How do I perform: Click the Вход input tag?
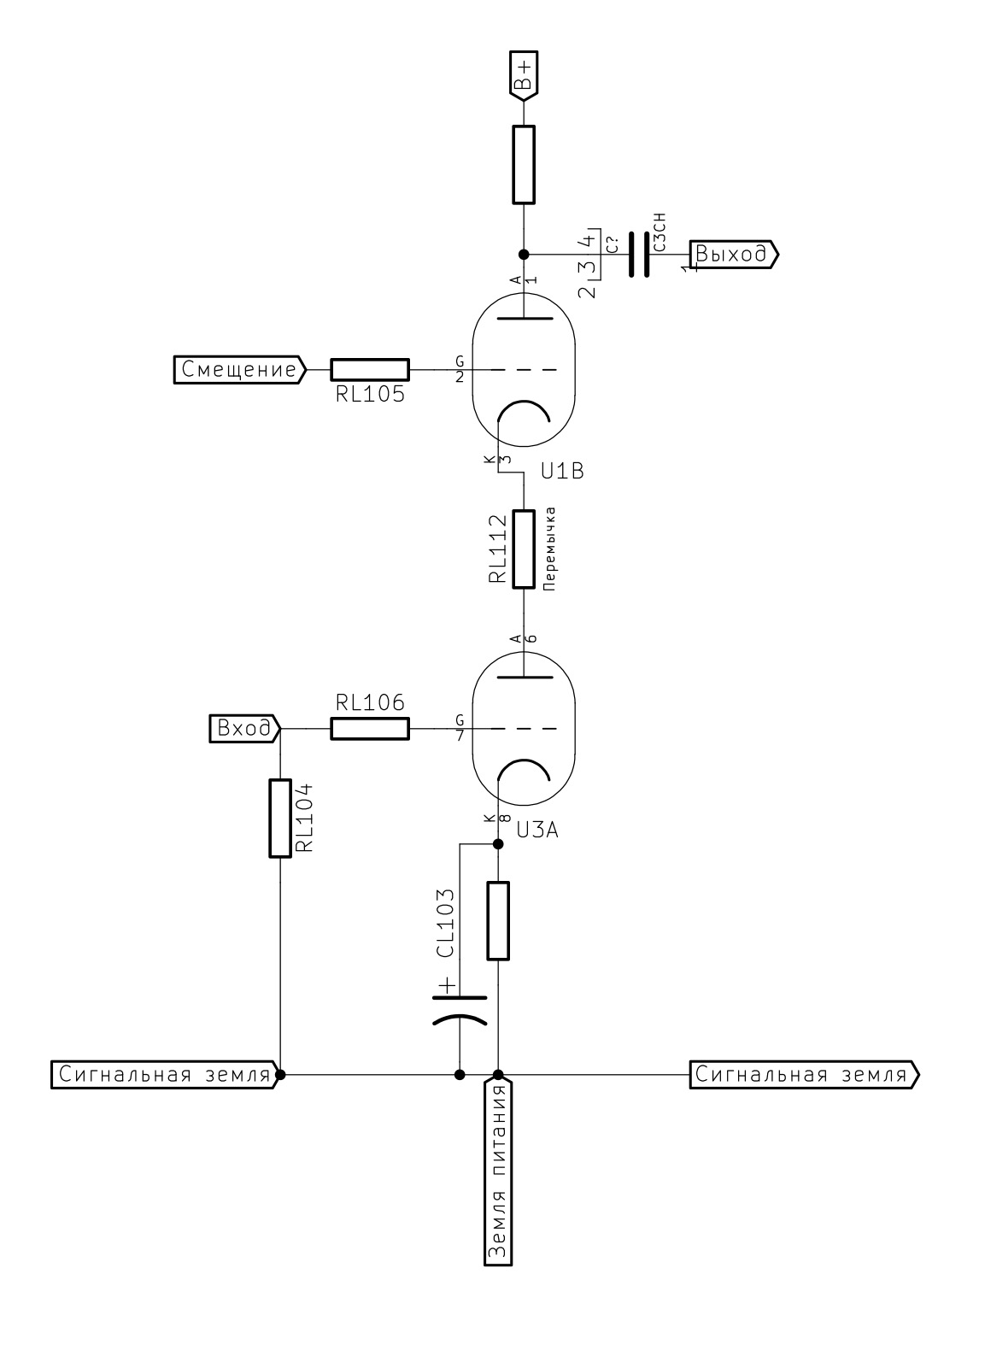click(245, 729)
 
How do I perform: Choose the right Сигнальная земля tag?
click(804, 1075)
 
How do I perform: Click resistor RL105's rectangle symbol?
click(369, 369)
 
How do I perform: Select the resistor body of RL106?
click(369, 729)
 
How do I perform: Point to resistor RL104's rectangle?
click(280, 818)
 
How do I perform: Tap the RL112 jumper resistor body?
click(524, 550)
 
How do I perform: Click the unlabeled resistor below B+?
click(524, 164)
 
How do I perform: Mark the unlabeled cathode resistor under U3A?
click(498, 921)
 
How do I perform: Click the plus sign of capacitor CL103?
click(445, 987)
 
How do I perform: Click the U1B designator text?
click(561, 472)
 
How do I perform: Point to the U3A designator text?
click(536, 830)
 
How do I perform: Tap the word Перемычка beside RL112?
click(551, 549)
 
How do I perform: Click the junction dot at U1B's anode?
click(524, 255)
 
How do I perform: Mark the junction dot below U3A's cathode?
click(498, 844)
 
